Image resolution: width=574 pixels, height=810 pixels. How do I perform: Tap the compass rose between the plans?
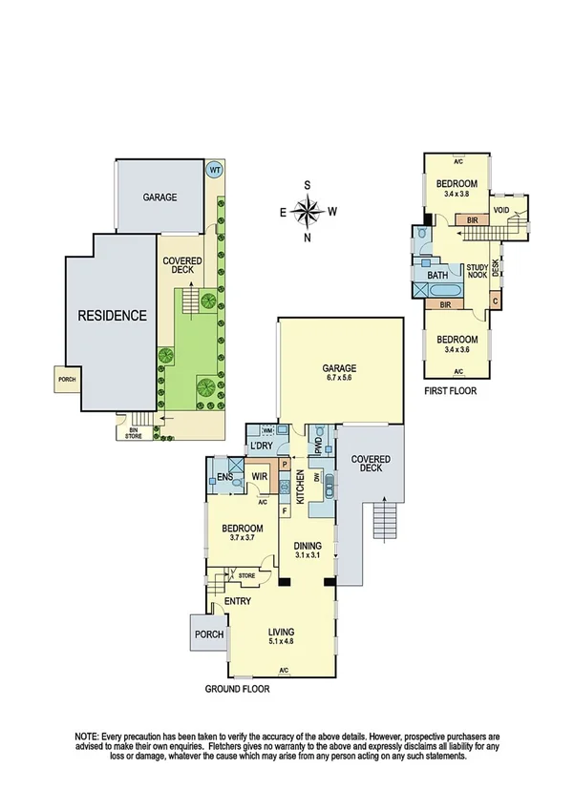point(308,211)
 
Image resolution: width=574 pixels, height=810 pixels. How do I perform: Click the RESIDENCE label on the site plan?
point(113,315)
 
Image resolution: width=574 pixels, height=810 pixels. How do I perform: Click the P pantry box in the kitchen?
point(284,465)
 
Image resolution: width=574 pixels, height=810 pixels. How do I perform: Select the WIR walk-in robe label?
point(259,476)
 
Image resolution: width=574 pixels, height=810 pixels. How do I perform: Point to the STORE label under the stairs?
point(246,575)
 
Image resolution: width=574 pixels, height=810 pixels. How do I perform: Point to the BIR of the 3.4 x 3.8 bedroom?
point(472,220)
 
